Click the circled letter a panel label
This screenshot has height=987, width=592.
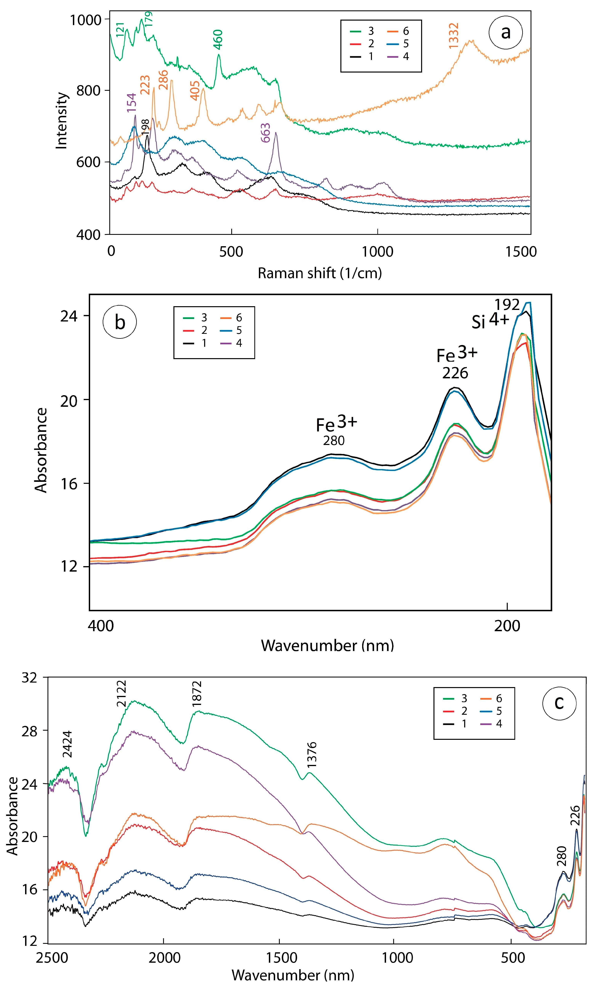(505, 32)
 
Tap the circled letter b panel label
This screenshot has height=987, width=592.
(120, 322)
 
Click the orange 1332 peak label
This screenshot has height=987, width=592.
(454, 36)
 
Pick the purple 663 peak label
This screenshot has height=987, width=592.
(265, 133)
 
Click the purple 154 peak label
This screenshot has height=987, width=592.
(132, 102)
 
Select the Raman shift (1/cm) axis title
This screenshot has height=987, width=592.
(320, 273)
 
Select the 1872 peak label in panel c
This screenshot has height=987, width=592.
(197, 694)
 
